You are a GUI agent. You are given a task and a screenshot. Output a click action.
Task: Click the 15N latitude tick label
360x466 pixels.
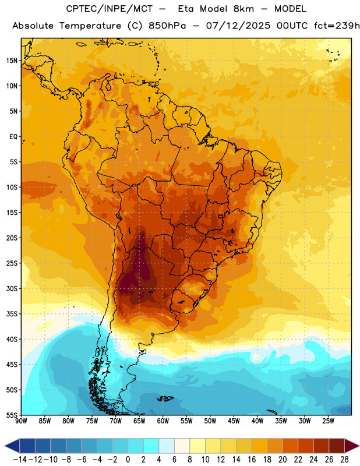12,61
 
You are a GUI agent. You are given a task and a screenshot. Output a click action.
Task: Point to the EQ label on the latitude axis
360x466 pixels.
13,137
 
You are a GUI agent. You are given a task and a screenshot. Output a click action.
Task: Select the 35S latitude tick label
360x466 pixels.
12,314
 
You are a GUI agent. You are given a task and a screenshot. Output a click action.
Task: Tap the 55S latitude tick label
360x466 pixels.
12,415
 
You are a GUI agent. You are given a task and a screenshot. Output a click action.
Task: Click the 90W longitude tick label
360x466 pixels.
21,421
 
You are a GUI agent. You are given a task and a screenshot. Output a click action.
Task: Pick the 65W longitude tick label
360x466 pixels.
139,421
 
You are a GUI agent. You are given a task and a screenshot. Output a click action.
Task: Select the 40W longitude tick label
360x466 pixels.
257,421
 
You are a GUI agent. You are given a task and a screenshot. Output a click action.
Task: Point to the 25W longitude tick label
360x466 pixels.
328,421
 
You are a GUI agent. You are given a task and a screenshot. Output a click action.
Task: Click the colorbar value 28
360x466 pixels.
344,460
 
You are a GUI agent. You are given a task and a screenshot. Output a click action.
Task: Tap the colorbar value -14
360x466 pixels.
20,460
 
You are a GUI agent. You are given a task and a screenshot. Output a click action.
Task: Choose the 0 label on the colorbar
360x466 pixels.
128,460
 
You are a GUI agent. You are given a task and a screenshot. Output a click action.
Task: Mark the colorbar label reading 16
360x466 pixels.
252,460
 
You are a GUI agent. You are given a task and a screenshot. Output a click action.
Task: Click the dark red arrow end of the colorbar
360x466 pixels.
352,446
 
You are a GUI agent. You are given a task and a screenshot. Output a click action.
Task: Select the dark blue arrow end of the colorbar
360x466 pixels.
12,446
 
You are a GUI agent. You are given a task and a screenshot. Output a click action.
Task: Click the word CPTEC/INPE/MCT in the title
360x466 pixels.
110,9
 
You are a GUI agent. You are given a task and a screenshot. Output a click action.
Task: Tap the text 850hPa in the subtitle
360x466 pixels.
167,26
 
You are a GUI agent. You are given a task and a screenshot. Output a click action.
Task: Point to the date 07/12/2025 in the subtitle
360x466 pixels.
238,26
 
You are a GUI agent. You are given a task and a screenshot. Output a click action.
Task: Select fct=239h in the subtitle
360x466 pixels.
337,26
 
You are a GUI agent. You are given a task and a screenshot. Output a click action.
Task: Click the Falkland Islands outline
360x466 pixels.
165,398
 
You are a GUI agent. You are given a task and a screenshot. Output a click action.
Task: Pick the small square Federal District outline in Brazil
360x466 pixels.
221,216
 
